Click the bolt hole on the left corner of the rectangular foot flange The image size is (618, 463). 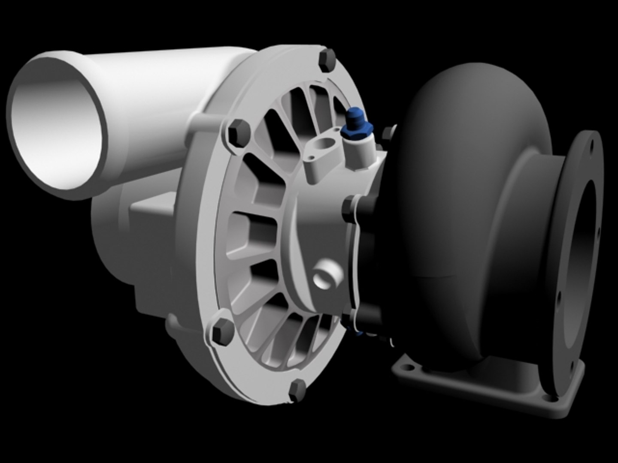pos(406,368)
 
